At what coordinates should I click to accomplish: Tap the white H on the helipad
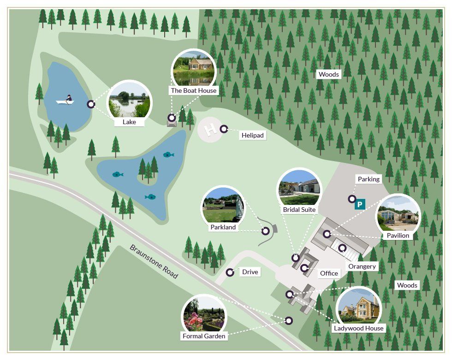tap(210, 130)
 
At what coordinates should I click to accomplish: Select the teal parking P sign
tap(360, 204)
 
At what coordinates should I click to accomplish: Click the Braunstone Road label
tap(154, 261)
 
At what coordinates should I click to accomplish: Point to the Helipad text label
tap(252, 135)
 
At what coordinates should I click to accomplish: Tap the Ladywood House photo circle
tap(358, 306)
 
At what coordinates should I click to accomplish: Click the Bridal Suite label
tap(299, 210)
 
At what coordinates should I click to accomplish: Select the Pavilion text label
tap(398, 235)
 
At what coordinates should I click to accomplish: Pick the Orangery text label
tap(362, 266)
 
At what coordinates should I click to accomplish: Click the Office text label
tap(329, 273)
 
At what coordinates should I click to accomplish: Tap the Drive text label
tap(250, 272)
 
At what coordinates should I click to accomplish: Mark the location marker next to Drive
tap(230, 272)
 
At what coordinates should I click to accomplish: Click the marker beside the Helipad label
tap(224, 129)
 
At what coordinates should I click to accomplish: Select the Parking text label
tap(369, 179)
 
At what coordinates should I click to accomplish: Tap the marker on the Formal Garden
tap(289, 320)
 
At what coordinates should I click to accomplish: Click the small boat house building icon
tap(172, 122)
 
